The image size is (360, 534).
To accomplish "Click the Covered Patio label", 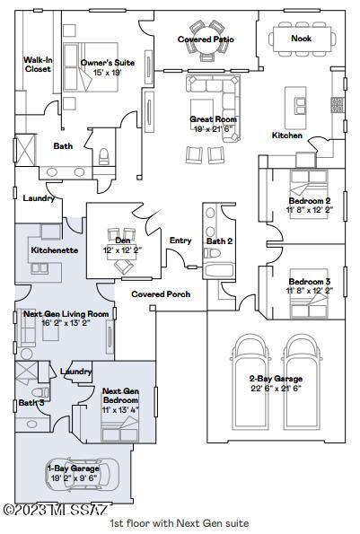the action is (206, 39).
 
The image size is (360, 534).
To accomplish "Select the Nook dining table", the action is (301, 39).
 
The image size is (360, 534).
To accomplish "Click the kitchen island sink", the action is (301, 106).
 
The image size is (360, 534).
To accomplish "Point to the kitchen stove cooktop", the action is (338, 104).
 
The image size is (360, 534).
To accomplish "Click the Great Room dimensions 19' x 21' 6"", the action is (213, 128).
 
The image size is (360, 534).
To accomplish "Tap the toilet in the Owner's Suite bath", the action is (103, 157).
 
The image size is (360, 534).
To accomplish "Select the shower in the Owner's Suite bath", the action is (25, 150).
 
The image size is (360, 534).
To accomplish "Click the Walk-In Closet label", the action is (38, 65).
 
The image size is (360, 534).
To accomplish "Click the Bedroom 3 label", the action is (309, 282).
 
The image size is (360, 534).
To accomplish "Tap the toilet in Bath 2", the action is (212, 253).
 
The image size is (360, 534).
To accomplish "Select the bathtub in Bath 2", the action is (219, 270).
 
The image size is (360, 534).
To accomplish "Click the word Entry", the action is (180, 241).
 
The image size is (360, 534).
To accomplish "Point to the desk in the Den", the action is (121, 252).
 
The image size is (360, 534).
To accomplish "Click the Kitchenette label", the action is (55, 250).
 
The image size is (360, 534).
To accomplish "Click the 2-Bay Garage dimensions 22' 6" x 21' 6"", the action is (276, 388).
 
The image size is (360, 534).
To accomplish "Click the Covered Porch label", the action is (161, 294).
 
